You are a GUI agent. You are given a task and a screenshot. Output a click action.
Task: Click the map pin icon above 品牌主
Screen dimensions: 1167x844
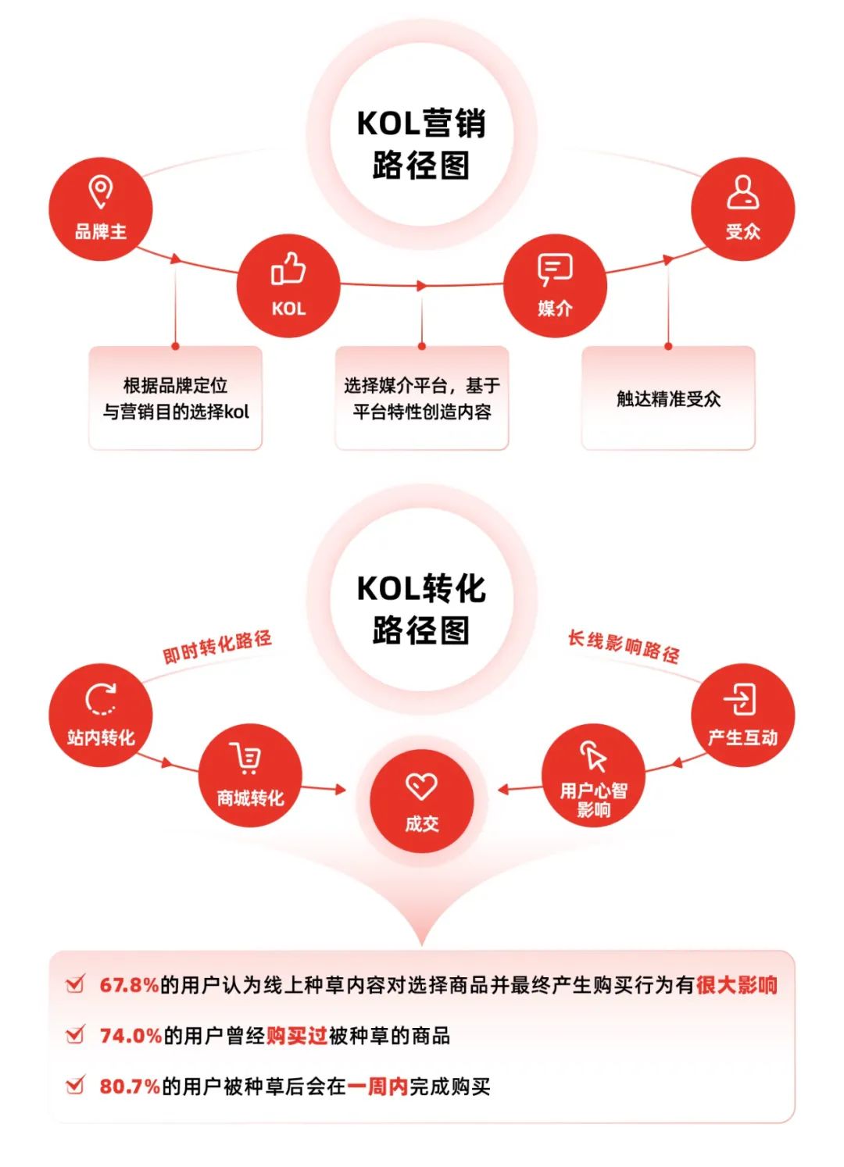coord(100,191)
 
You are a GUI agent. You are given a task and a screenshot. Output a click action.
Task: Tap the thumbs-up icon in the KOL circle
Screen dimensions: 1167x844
coord(288,268)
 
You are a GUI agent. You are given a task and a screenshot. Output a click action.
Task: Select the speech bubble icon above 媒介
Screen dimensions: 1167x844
coord(555,269)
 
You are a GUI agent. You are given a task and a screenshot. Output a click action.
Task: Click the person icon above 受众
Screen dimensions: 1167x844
coord(742,191)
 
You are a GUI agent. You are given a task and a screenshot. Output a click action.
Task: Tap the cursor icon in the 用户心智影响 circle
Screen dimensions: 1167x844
coord(594,755)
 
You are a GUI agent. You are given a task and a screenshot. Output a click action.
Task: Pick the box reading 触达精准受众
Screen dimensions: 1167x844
coord(668,398)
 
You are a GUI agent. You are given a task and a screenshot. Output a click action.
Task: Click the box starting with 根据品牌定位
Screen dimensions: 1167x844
coord(175,398)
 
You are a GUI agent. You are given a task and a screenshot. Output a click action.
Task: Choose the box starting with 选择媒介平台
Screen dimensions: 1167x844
coord(422,398)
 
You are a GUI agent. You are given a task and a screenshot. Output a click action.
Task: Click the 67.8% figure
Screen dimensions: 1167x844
coord(129,985)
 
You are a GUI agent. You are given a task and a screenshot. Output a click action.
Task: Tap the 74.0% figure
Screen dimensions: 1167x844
coord(131,1036)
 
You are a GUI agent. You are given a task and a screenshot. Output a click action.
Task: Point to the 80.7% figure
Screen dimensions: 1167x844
coord(130,1087)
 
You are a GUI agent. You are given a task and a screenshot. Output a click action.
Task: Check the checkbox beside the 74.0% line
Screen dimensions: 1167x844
coord(75,1035)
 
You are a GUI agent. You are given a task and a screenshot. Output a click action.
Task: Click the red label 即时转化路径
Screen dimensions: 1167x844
coord(217,646)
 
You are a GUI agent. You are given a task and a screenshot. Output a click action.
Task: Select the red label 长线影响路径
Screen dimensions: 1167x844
coord(624,647)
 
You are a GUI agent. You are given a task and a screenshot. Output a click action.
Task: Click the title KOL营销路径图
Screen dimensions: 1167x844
coord(422,145)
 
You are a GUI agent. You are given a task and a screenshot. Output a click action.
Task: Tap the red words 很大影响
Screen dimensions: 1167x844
coord(736,985)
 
